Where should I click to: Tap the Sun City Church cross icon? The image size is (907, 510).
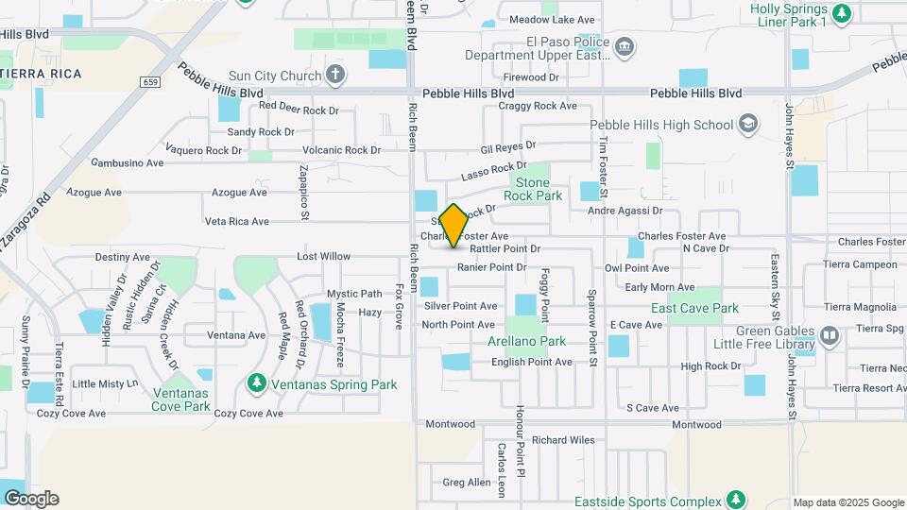(335, 75)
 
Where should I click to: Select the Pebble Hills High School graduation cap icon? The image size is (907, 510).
(748, 124)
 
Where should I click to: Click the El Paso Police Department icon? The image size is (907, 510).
(624, 47)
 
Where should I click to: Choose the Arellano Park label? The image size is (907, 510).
(526, 341)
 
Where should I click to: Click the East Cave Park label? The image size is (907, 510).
(694, 308)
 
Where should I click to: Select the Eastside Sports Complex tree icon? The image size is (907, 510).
(736, 501)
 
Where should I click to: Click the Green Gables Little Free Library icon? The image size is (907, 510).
(830, 335)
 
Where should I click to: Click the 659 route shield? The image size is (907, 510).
(151, 83)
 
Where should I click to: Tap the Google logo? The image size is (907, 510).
(31, 499)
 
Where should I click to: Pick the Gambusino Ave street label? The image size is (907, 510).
(127, 162)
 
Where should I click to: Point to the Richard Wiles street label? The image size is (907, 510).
(563, 439)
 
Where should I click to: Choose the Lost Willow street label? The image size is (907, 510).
(323, 256)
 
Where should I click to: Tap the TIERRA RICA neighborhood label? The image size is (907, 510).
(40, 73)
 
